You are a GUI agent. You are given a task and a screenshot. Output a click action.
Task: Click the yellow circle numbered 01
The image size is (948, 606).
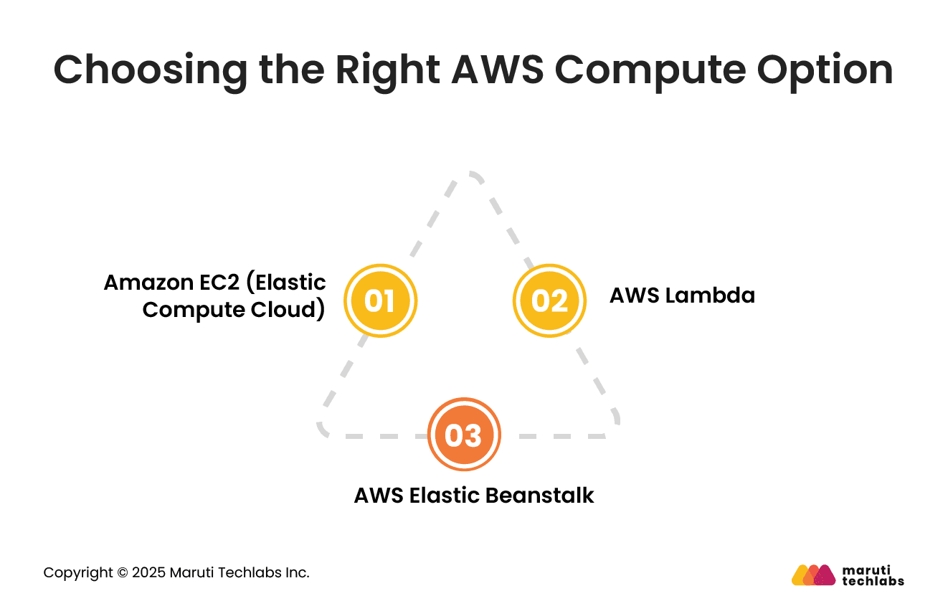click(x=380, y=300)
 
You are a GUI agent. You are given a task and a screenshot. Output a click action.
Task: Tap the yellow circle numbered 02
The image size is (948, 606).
click(x=549, y=300)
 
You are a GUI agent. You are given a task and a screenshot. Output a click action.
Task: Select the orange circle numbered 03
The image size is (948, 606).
click(x=464, y=435)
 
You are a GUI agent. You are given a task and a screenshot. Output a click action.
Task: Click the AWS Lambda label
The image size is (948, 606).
click(x=682, y=295)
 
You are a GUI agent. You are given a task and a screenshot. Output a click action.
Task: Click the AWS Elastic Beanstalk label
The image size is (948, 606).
click(x=474, y=496)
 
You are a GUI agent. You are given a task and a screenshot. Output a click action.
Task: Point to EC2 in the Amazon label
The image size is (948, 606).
click(x=217, y=283)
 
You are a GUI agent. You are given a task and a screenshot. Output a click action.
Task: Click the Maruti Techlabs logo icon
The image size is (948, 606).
click(x=813, y=575)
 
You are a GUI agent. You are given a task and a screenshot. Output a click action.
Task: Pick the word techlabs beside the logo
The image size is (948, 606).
click(x=873, y=581)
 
